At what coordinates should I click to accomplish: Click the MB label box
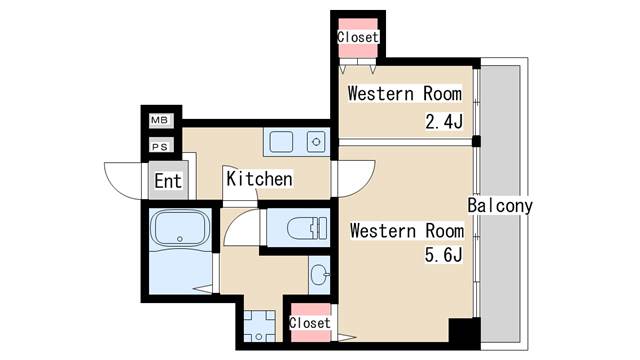(x=160, y=120)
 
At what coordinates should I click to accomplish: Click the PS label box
(x=160, y=146)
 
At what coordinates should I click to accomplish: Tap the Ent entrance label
(x=168, y=181)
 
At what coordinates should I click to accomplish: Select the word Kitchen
(x=259, y=179)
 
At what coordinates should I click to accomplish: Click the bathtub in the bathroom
(x=180, y=228)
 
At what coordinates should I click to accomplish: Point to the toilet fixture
(x=307, y=228)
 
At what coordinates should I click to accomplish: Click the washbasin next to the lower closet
(x=320, y=274)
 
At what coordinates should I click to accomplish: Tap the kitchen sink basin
(x=281, y=142)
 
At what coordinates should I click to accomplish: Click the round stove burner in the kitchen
(x=316, y=142)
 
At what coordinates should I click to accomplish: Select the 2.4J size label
(x=444, y=121)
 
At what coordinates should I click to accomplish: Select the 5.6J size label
(x=443, y=255)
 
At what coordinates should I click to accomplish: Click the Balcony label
(x=500, y=206)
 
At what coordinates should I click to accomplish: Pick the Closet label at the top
(x=358, y=37)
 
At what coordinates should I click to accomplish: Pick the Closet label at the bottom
(x=310, y=323)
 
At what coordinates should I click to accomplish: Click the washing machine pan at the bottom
(x=259, y=326)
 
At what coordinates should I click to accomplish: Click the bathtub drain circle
(x=180, y=239)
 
